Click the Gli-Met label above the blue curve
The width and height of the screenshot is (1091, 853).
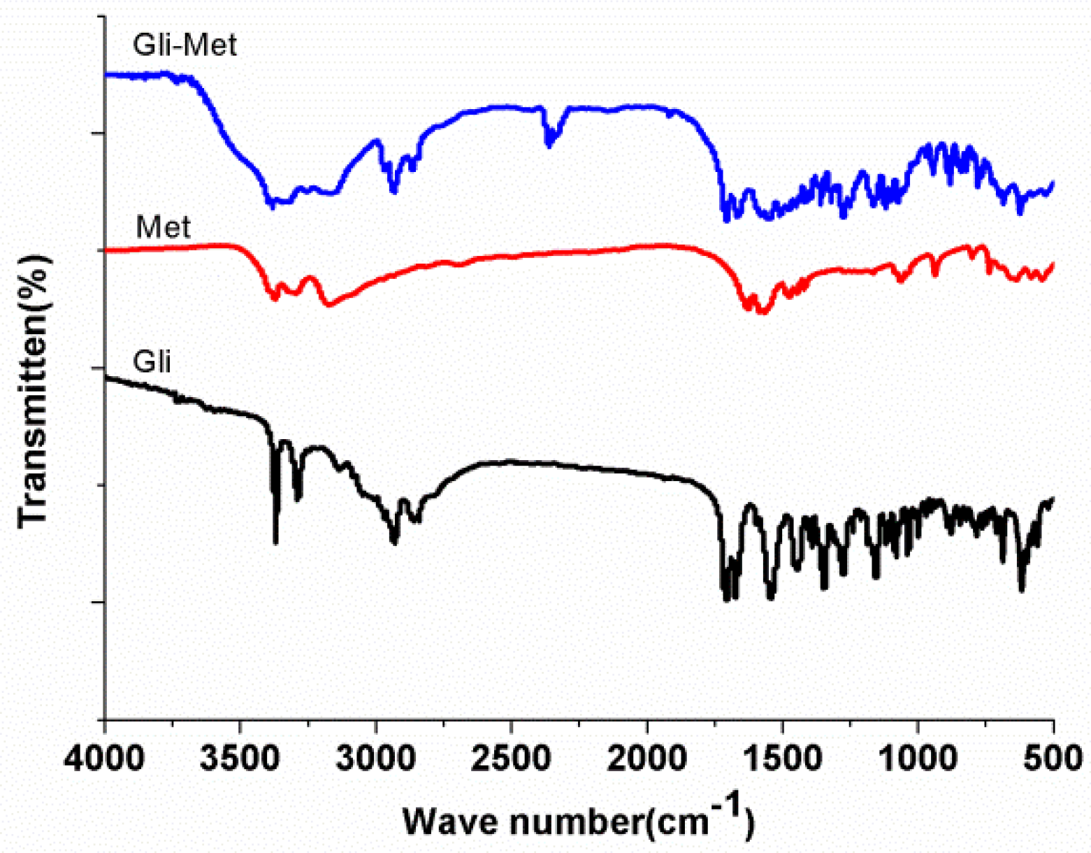tap(185, 45)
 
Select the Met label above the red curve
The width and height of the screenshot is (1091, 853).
tap(163, 227)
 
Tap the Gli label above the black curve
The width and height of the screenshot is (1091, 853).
tap(152, 361)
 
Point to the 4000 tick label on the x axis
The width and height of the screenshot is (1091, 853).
tap(105, 759)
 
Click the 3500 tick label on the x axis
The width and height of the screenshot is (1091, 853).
tap(240, 759)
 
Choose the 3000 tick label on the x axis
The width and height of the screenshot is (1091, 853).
tap(376, 759)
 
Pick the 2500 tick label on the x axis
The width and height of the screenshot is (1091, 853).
tap(512, 759)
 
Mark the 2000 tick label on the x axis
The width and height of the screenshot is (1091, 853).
tap(647, 759)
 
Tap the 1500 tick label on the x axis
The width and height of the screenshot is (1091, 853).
tap(782, 759)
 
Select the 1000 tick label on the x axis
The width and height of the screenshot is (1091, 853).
tap(918, 759)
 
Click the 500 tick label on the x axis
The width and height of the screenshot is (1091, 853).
tap(1053, 759)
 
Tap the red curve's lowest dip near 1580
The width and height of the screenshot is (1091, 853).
tap(763, 312)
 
